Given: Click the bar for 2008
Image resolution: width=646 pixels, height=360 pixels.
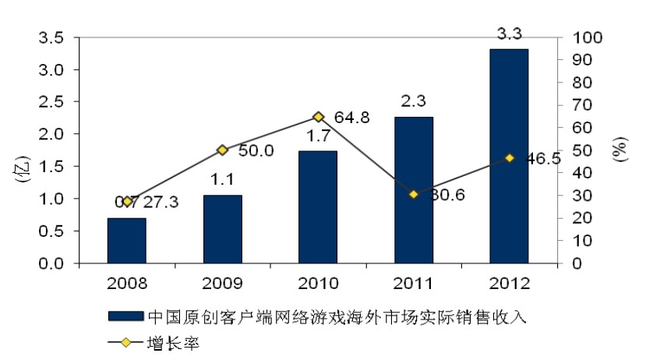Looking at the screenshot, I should [126, 241].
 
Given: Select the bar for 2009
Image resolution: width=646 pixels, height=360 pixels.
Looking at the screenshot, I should [222, 229].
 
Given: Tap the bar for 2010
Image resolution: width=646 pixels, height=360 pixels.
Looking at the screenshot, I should [318, 207].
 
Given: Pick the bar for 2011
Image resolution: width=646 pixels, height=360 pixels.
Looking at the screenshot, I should [413, 190].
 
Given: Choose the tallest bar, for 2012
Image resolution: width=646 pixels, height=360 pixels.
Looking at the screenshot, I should [509, 156].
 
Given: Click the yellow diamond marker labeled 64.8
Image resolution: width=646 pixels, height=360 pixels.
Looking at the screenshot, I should [318, 117].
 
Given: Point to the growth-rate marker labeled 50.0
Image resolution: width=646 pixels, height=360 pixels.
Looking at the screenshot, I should [222, 150].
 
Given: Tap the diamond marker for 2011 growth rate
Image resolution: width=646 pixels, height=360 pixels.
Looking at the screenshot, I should [413, 194].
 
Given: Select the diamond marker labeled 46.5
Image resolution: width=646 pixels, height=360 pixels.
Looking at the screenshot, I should [509, 158].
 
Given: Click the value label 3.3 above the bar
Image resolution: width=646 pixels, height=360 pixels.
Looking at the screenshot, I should [509, 34].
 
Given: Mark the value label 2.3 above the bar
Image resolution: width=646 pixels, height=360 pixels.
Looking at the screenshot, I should [413, 101].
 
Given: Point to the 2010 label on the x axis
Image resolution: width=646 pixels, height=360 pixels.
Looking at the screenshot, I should [318, 283].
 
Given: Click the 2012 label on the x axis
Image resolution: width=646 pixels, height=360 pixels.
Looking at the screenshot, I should [509, 283].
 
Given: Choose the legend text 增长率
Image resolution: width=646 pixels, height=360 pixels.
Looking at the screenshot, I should [173, 343].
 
